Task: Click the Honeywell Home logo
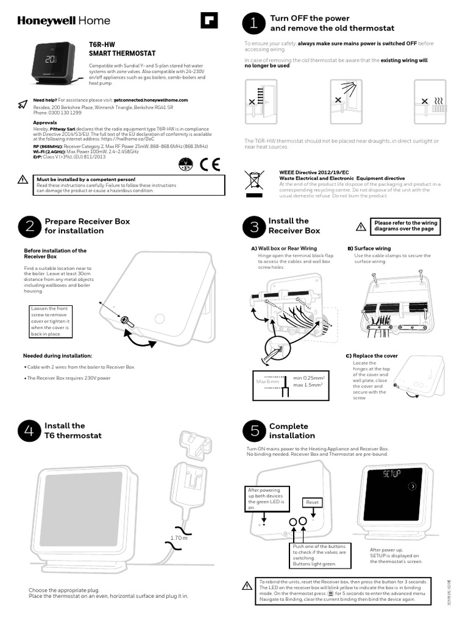point(64,21)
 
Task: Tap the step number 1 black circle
point(253,23)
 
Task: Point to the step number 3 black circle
point(253,227)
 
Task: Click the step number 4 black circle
point(28,430)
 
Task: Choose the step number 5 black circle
point(253,431)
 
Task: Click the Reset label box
point(312,503)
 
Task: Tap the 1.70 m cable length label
point(179,538)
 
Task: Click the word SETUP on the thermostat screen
point(391,474)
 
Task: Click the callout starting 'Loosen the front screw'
point(51,322)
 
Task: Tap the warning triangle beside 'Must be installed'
point(23,180)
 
